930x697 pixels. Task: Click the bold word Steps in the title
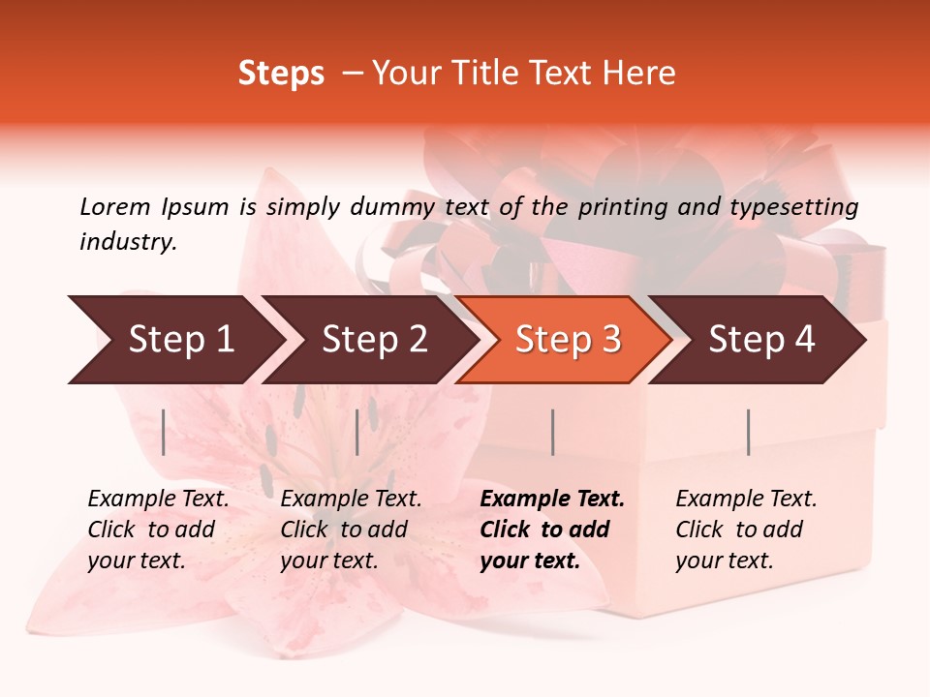coord(281,74)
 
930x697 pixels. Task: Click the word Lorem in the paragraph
coord(115,206)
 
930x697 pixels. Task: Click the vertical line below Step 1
coord(164,432)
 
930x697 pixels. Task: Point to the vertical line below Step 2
coord(357,432)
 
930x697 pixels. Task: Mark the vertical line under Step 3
coord(552,432)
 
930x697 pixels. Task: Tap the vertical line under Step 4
coord(748,432)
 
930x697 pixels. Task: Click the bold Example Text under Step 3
coord(552,500)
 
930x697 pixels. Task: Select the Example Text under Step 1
coord(158,500)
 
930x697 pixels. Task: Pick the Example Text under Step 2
coord(351,500)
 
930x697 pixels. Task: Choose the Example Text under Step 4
coord(746,500)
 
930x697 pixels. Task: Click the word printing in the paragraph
coord(620,206)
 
